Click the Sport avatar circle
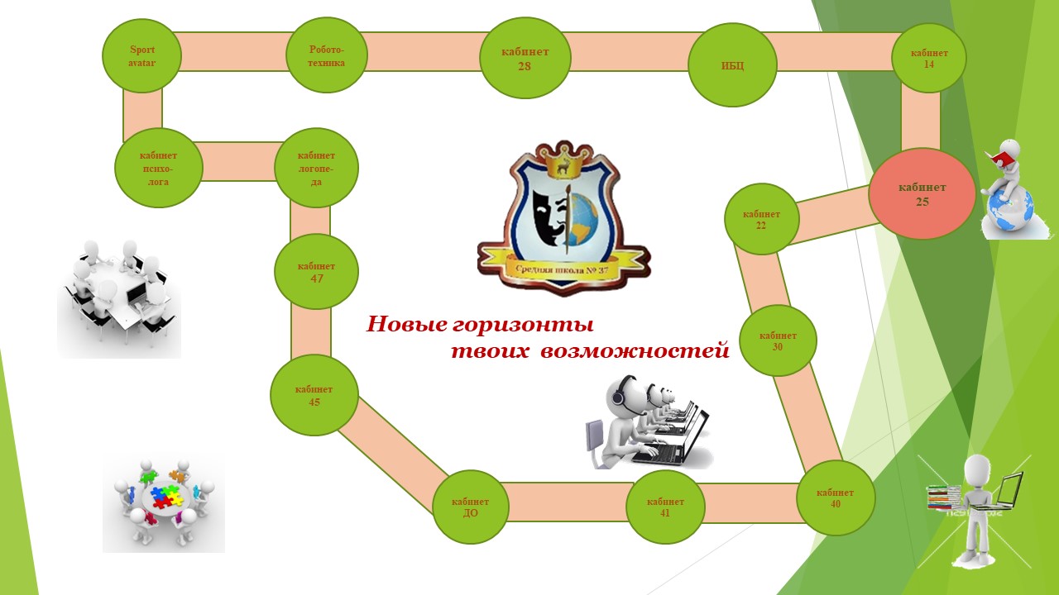tap(141, 55)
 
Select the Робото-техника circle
tap(327, 55)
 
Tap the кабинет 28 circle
tap(525, 59)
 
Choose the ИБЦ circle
tap(732, 64)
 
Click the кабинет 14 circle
tap(929, 58)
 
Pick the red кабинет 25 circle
tap(922, 194)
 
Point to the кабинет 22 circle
tap(761, 219)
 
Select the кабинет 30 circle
tap(778, 340)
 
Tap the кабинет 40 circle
tap(835, 497)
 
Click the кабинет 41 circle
tap(665, 507)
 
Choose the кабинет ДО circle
tap(470, 507)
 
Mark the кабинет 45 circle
tap(314, 395)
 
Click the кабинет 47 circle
tap(316, 272)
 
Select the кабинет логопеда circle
tap(316, 167)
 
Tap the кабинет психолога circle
tap(158, 168)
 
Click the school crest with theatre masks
tap(563, 217)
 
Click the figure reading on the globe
tap(1006, 188)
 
